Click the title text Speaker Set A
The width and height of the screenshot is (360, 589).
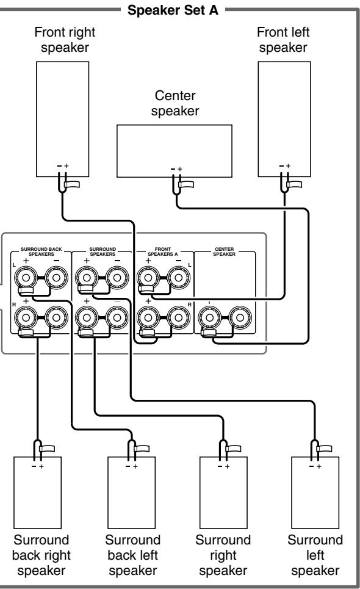(x=173, y=10)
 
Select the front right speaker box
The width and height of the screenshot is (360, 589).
(x=62, y=119)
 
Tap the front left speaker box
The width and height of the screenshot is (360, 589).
(x=284, y=119)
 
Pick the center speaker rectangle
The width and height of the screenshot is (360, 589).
(x=175, y=151)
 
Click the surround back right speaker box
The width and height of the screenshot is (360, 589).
(x=38, y=493)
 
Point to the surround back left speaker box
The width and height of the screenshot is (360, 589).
(x=131, y=493)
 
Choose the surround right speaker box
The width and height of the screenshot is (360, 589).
(x=223, y=493)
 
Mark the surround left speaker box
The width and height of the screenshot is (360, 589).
(x=315, y=493)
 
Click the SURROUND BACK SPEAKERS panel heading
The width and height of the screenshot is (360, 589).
(x=41, y=251)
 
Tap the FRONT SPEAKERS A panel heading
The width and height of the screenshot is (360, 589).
(x=163, y=251)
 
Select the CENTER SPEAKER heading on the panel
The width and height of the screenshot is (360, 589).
(x=224, y=251)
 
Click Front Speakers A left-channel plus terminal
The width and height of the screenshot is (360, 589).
(x=148, y=278)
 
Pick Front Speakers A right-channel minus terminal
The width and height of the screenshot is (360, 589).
(x=178, y=318)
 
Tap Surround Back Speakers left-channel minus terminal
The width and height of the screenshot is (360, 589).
(x=56, y=278)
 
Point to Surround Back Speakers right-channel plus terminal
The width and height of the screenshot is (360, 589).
(x=26, y=318)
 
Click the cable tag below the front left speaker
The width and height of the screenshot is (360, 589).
(x=294, y=184)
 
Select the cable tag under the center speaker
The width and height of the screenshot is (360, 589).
(x=186, y=184)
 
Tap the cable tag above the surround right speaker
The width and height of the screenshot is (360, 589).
(x=234, y=449)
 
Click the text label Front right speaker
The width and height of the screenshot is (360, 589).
(x=65, y=40)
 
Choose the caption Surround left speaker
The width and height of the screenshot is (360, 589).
(x=315, y=555)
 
